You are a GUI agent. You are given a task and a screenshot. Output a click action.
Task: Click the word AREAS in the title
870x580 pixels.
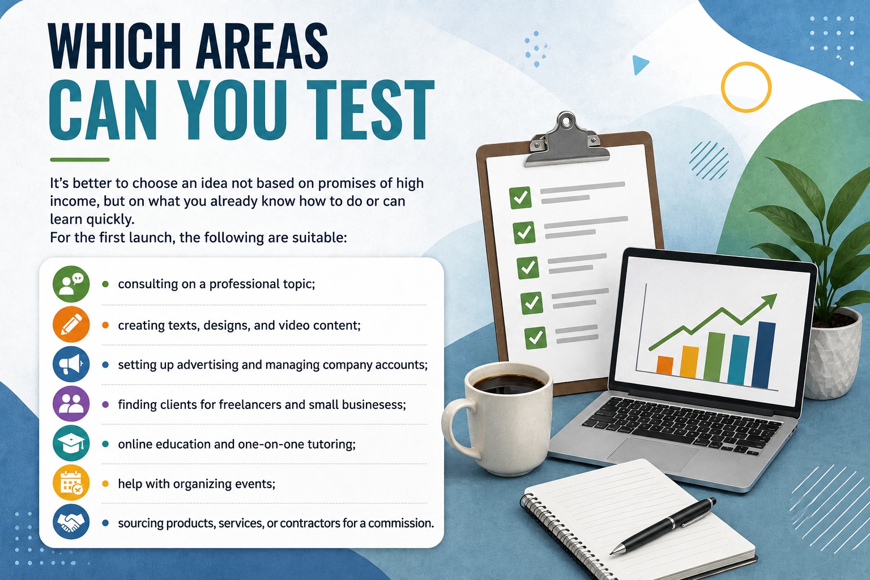click(262, 46)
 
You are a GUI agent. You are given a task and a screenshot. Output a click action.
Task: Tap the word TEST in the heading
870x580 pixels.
click(370, 110)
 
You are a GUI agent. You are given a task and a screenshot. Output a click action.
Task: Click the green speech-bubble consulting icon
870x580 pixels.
click(71, 284)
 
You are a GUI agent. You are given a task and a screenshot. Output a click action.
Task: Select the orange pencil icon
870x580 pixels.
click(71, 325)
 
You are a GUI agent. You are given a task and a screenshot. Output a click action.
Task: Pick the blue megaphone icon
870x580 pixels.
click(71, 364)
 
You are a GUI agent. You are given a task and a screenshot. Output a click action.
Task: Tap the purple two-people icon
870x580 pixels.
click(71, 404)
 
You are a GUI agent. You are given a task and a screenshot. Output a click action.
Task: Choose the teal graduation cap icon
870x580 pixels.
click(71, 443)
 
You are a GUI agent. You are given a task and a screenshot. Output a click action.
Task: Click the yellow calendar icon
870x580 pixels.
click(71, 483)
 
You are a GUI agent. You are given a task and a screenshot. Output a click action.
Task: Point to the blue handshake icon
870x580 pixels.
click(71, 522)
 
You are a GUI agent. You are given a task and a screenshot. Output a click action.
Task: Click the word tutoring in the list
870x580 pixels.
click(331, 444)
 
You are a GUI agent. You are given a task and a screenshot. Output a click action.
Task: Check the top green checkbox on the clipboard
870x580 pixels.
click(521, 198)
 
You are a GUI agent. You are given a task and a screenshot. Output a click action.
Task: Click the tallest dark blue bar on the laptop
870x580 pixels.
click(763, 355)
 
